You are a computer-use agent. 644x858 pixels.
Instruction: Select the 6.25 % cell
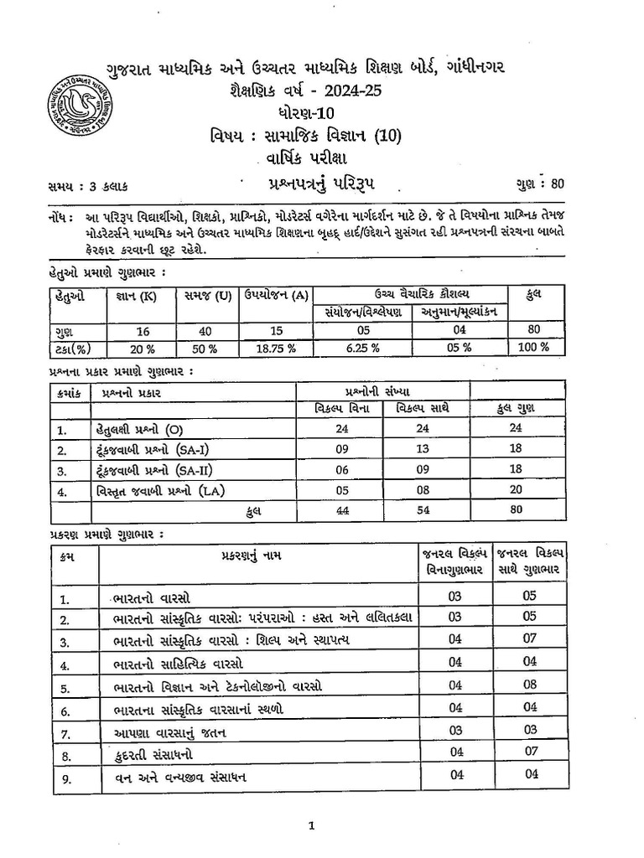coord(362,347)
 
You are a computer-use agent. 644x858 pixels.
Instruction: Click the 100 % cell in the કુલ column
coord(533,347)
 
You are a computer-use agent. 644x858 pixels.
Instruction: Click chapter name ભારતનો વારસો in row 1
coord(152,598)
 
